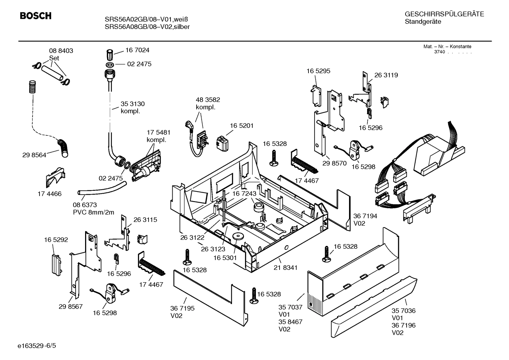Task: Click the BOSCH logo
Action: pyautogui.click(x=36, y=16)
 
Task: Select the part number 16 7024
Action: pyautogui.click(x=137, y=50)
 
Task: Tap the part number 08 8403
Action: pyautogui.click(x=61, y=51)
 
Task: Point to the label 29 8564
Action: pyautogui.click(x=34, y=155)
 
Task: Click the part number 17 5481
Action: pyautogui.click(x=158, y=132)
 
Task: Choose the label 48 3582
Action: pyautogui.click(x=208, y=100)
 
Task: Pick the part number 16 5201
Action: pyautogui.click(x=242, y=125)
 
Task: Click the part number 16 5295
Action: pyautogui.click(x=318, y=71)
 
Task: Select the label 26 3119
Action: pyautogui.click(x=386, y=75)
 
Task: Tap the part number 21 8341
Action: pyautogui.click(x=286, y=268)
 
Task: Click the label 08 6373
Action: pyautogui.click(x=85, y=205)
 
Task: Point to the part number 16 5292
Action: pyautogui.click(x=56, y=240)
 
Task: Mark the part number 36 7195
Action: pyautogui.click(x=182, y=308)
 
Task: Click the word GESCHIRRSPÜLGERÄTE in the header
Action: pyautogui.click(x=444, y=14)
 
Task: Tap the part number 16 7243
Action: pyautogui.click(x=244, y=194)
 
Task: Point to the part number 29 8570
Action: pyautogui.click(x=335, y=163)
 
